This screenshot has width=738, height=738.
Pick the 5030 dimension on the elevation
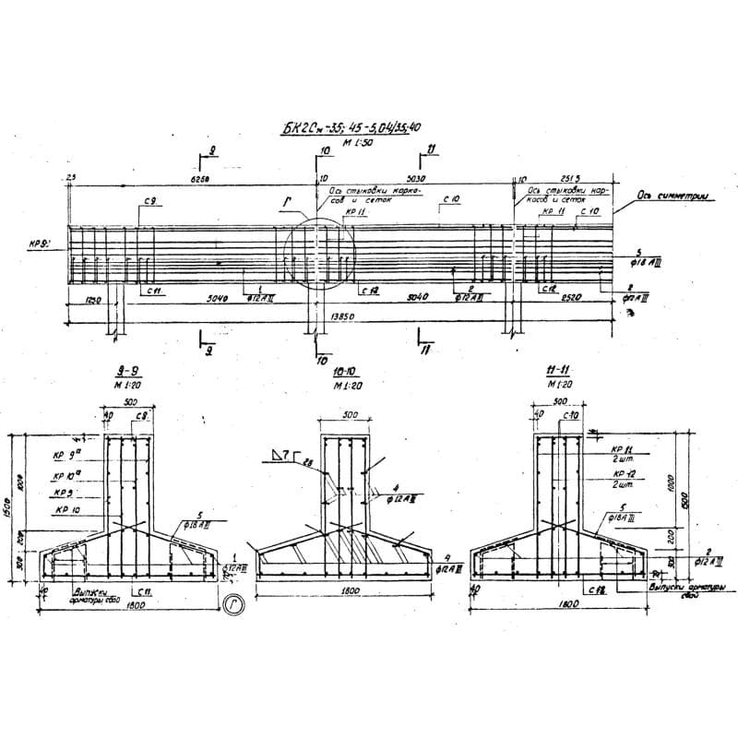point(417,179)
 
